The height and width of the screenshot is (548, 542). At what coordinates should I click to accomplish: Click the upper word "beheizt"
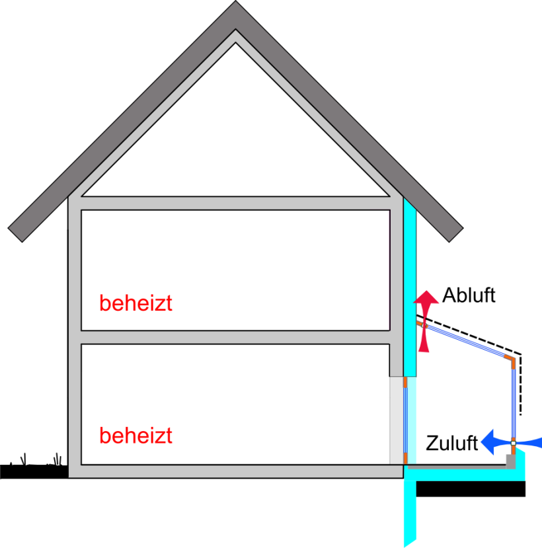[x=135, y=303]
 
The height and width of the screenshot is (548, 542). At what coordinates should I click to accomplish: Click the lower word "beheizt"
[x=135, y=436]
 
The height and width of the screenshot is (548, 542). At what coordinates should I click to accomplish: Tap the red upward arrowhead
[x=427, y=298]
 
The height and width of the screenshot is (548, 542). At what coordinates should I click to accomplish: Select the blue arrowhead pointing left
[x=489, y=442]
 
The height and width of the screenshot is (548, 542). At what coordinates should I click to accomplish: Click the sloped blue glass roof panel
[x=466, y=340]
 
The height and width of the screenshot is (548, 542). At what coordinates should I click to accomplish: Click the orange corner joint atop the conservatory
[x=511, y=361]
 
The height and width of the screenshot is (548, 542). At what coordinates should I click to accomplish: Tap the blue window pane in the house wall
[x=406, y=420]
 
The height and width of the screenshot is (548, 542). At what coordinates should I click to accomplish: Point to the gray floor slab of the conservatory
[x=456, y=465]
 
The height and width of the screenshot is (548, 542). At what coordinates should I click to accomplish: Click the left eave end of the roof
[x=17, y=232]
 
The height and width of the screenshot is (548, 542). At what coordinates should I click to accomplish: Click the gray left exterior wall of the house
[x=74, y=331]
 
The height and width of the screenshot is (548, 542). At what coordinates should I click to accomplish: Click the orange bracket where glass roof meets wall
[x=422, y=324]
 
